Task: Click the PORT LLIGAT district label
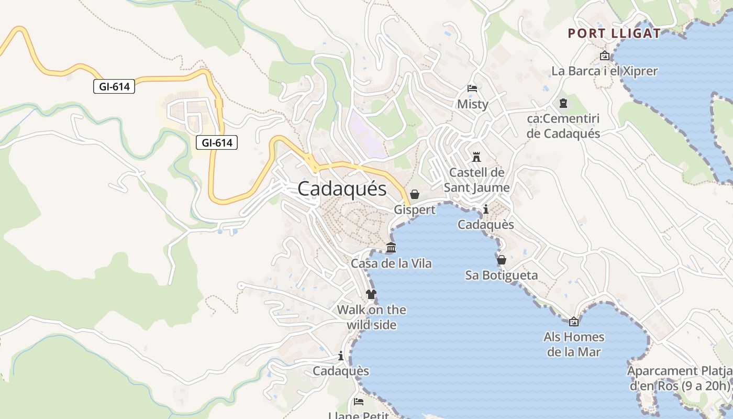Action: point(614,34)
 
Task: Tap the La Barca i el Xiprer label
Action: point(604,71)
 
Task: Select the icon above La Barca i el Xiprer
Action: point(605,56)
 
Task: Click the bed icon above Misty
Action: point(472,89)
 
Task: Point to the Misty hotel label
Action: point(472,104)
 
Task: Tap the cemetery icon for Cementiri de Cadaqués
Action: point(563,103)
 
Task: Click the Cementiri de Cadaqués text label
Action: point(563,126)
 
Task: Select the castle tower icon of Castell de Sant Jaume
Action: point(476,157)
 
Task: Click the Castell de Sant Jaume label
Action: point(476,180)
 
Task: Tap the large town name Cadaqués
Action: point(342,189)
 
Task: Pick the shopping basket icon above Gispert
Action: point(415,194)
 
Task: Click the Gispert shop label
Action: point(414,210)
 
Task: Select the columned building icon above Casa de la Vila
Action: point(391,248)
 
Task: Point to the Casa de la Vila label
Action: point(391,263)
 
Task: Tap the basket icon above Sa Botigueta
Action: point(502,260)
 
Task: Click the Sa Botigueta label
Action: point(501,275)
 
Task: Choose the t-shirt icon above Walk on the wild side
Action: point(371,294)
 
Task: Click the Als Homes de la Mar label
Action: point(574,344)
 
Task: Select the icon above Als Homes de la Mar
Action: point(574,322)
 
